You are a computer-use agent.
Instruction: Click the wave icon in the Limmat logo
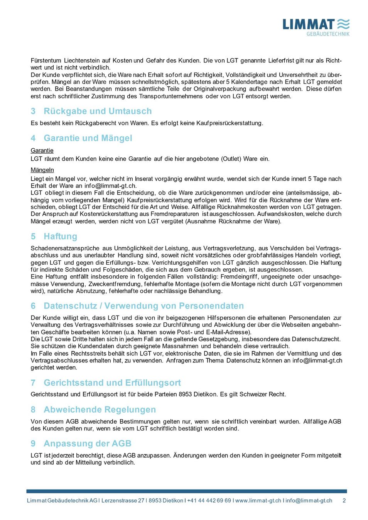(x=343, y=24)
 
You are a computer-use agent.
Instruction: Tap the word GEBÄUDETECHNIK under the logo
(x=328, y=34)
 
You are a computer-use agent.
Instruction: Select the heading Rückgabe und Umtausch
(x=98, y=111)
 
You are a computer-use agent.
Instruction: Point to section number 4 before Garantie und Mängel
(x=33, y=138)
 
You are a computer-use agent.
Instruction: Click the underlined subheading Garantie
(x=42, y=151)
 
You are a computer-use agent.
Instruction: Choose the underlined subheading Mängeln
(x=42, y=170)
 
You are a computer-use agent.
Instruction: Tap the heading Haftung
(x=61, y=237)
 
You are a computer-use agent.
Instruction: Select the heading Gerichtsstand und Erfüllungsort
(x=112, y=383)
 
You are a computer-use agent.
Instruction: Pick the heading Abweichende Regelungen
(x=100, y=410)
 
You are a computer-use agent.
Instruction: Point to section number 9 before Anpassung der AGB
(x=33, y=444)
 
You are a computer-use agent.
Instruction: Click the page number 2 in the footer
(x=344, y=501)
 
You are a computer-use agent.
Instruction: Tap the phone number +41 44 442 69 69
(x=209, y=501)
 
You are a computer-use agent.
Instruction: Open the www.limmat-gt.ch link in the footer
(x=258, y=501)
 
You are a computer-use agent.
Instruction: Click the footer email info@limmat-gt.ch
(x=309, y=501)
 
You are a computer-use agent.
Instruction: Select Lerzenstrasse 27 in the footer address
(x=123, y=501)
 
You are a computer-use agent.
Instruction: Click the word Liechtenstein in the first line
(x=81, y=60)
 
